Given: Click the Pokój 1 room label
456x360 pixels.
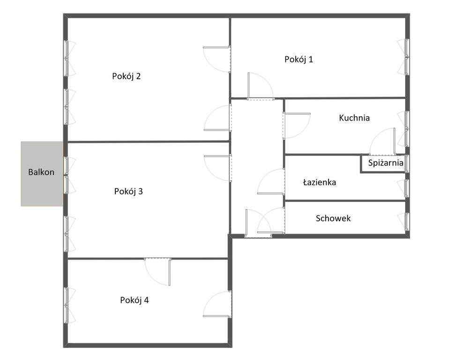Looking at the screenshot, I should (x=299, y=60).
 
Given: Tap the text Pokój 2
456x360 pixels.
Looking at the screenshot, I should (x=126, y=76).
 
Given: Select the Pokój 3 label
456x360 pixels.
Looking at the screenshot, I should (x=128, y=191).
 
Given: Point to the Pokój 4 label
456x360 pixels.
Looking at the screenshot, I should (x=134, y=300).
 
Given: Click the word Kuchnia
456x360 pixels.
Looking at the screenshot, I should (x=354, y=118).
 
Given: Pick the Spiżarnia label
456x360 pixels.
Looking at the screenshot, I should (x=386, y=163).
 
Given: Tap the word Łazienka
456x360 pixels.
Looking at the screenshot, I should (x=319, y=182).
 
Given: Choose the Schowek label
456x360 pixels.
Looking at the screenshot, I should (x=333, y=218).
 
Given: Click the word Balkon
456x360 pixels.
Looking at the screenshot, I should (x=41, y=172).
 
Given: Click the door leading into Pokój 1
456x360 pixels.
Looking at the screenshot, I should (x=259, y=87).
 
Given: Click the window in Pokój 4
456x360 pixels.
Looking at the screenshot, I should (x=69, y=305).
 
